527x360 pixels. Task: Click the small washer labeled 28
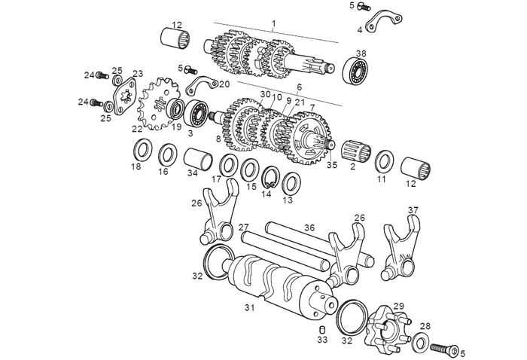(420, 343)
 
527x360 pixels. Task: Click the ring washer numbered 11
(383, 160)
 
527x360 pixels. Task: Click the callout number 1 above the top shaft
(274, 24)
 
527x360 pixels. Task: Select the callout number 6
(299, 87)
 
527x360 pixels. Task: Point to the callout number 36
(309, 227)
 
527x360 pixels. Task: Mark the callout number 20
(224, 84)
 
